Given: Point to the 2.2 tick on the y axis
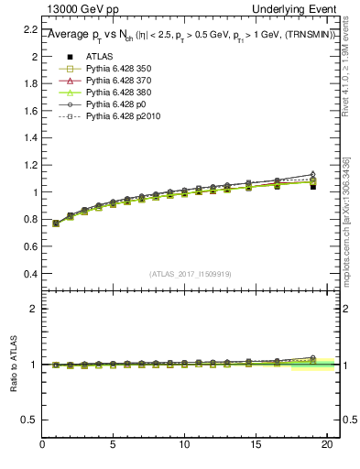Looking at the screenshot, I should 29,29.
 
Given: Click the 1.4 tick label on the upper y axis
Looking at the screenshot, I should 29,138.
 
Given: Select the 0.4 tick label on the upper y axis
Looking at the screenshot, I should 29,274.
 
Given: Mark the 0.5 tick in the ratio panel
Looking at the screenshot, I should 29,420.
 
